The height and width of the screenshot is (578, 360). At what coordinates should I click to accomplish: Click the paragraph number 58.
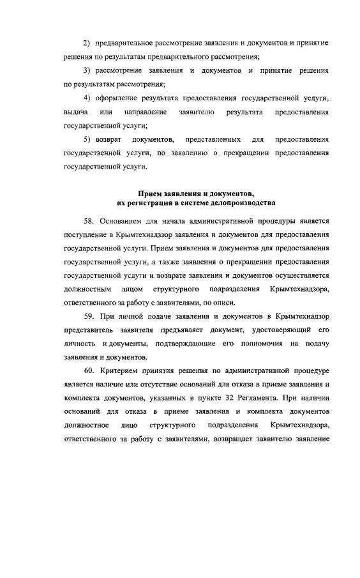click(x=87, y=221)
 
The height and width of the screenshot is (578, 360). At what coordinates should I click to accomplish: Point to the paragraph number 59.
click(x=87, y=317)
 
